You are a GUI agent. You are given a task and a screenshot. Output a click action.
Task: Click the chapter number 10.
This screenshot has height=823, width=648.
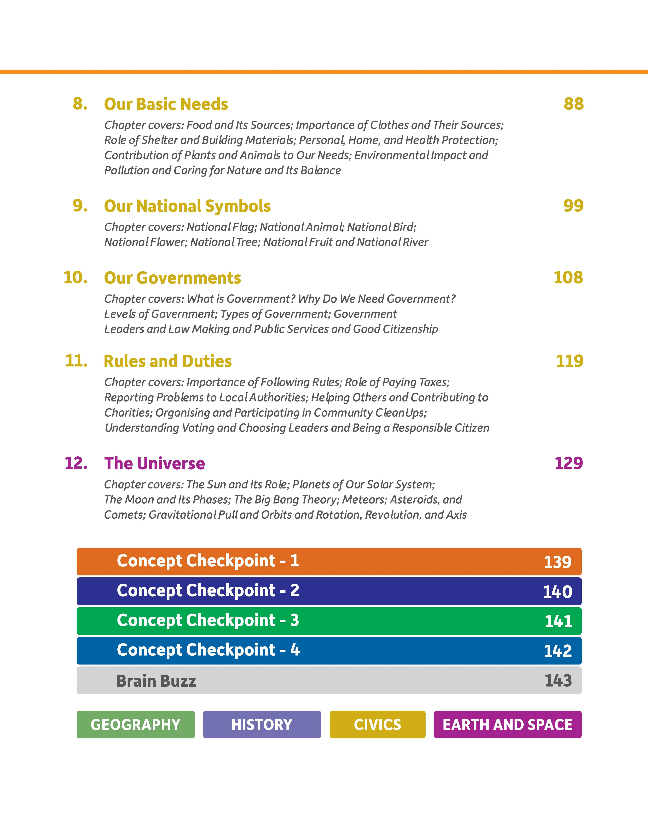click(x=75, y=278)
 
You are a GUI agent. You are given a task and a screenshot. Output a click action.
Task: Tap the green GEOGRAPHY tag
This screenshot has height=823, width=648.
click(x=135, y=724)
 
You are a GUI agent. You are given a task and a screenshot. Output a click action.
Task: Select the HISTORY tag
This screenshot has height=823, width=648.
click(x=262, y=724)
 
